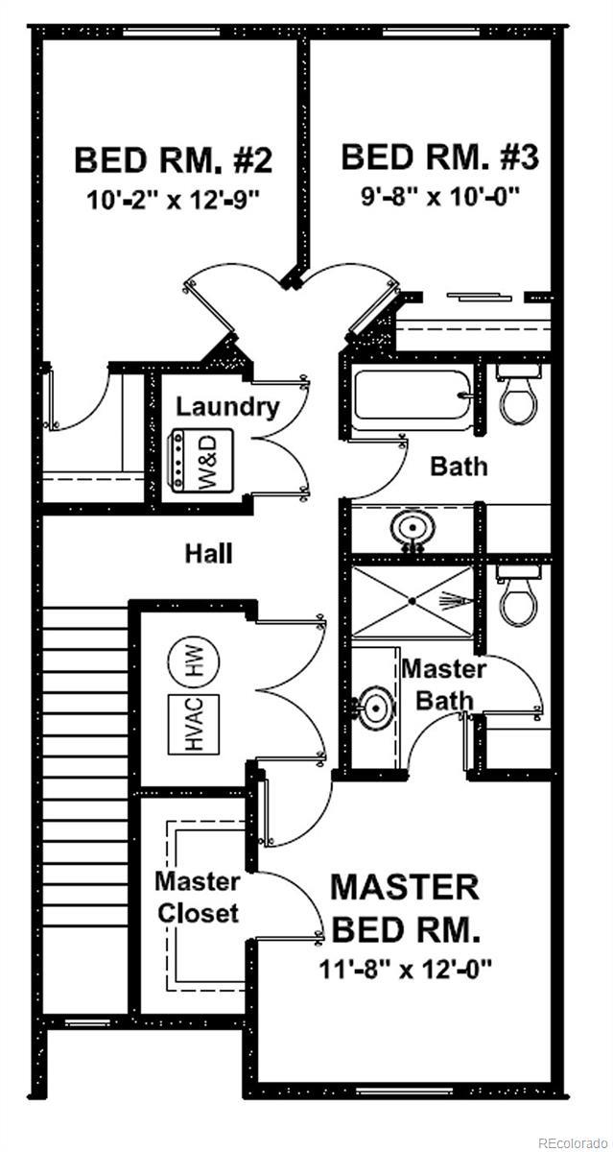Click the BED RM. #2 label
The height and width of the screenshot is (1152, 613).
tap(174, 158)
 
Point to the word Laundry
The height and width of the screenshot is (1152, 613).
tap(227, 407)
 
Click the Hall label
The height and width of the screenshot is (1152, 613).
tap(208, 553)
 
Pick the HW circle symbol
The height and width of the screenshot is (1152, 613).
tap(193, 662)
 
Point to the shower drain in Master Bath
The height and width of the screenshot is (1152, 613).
tap(413, 601)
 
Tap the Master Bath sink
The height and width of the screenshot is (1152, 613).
tap(375, 708)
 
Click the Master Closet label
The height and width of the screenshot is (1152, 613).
tap(198, 897)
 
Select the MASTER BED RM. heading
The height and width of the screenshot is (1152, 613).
tap(404, 907)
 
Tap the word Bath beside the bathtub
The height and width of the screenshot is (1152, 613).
tap(459, 467)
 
